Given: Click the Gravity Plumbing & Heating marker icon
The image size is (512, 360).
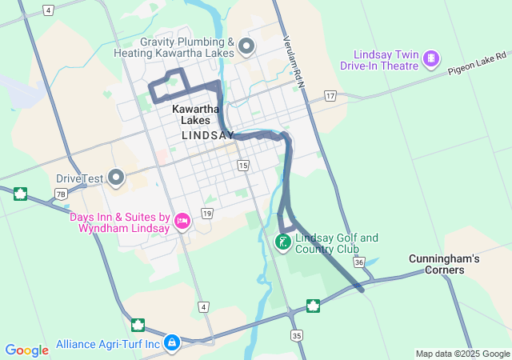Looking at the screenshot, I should tap(247, 46).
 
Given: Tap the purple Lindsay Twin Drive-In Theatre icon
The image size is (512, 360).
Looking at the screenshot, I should tap(431, 58).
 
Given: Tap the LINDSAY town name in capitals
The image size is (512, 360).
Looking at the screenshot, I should tap(208, 135).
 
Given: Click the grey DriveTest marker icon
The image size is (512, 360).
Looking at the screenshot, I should tap(117, 177).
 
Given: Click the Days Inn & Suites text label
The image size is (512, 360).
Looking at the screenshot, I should tap(119, 222).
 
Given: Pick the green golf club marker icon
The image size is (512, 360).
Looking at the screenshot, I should tap(283, 241).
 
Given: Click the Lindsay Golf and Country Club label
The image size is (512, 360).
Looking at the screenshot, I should tap(337, 243).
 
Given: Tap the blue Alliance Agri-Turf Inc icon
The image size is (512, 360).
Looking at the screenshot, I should tap(171, 343).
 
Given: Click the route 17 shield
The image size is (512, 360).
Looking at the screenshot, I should tap(330, 96).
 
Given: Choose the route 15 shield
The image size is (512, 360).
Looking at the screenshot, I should tap(243, 165).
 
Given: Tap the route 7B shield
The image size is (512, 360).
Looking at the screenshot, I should tap(61, 194).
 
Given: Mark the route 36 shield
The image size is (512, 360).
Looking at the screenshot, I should tap(359, 262).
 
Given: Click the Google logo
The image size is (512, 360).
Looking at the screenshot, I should tap(26, 350).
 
